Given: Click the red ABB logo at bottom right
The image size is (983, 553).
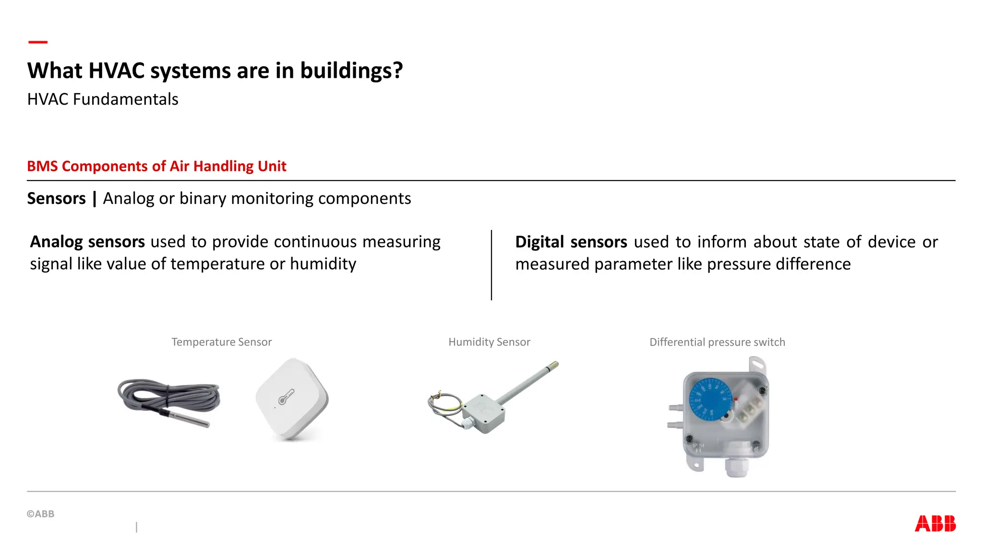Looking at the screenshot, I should click(935, 523).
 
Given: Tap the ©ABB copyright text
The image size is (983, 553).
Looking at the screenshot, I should click(41, 514).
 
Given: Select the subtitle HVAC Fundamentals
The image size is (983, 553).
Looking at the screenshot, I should click(103, 99).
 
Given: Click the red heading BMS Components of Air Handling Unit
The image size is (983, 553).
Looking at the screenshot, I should click(156, 166).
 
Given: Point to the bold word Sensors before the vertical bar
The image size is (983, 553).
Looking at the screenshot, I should click(56, 198).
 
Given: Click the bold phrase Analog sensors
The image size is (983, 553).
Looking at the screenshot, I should click(87, 241).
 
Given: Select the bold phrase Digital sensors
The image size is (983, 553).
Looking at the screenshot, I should click(571, 241).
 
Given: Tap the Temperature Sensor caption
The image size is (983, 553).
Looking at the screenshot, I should click(221, 342).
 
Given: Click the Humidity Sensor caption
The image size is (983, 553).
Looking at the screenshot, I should click(489, 342).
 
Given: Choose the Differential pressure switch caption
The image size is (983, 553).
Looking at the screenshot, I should click(717, 342).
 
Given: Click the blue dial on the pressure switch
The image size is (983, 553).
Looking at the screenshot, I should click(709, 399).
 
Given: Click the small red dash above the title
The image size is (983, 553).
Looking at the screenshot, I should click(38, 42).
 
